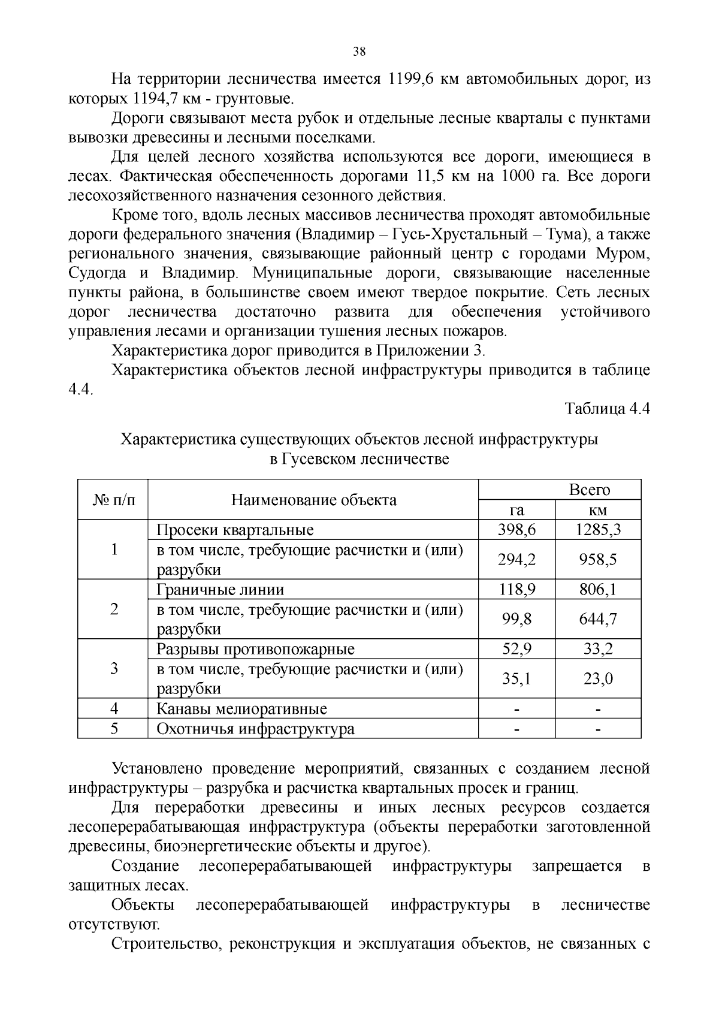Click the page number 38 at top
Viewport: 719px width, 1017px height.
pyautogui.click(x=359, y=52)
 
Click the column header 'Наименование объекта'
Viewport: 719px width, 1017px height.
pyautogui.click(x=314, y=500)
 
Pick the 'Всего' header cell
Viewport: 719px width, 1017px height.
pyautogui.click(x=589, y=490)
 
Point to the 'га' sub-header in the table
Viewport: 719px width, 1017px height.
pyautogui.click(x=516, y=509)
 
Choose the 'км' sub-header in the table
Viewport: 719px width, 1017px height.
pyautogui.click(x=598, y=509)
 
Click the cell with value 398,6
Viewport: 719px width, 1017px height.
pyautogui.click(x=516, y=530)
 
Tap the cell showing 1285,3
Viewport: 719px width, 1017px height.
pyautogui.click(x=598, y=530)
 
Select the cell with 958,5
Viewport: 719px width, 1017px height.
pyautogui.click(x=598, y=559)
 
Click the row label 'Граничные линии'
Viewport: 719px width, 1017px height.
pyautogui.click(x=220, y=589)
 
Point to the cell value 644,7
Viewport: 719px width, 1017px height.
pyautogui.click(x=598, y=618)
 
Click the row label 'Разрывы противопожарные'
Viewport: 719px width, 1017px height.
pyautogui.click(x=255, y=649)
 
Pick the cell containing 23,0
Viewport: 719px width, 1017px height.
pyautogui.click(x=598, y=678)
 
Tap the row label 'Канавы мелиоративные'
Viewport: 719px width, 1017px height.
pyautogui.click(x=241, y=709)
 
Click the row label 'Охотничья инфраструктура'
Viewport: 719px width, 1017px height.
pyautogui.click(x=255, y=729)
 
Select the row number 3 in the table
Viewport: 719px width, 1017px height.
pyautogui.click(x=114, y=668)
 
